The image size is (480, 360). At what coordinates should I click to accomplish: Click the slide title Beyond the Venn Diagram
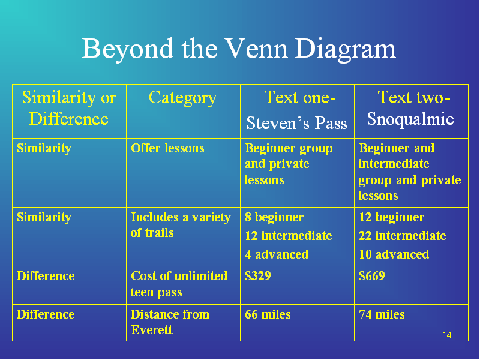click(239, 49)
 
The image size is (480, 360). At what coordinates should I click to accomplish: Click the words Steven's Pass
click(296, 123)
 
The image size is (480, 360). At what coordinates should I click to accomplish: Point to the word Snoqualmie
click(410, 119)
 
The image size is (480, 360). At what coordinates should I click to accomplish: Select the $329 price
click(258, 276)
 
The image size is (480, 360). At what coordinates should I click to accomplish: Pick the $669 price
click(372, 276)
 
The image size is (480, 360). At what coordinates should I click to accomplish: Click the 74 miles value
click(382, 314)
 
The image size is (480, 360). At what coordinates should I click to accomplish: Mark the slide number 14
click(447, 335)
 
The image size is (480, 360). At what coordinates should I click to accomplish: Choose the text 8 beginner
click(274, 217)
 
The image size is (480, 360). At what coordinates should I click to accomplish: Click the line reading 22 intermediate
click(402, 236)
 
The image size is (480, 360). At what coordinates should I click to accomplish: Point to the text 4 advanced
click(277, 254)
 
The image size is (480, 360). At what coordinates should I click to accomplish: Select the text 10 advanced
click(394, 254)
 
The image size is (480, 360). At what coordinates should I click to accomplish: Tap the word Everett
click(152, 330)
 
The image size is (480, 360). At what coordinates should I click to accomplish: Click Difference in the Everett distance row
click(46, 314)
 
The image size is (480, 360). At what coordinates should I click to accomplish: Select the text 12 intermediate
click(289, 236)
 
